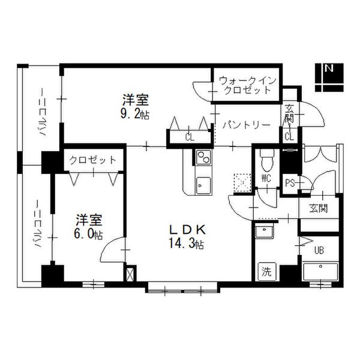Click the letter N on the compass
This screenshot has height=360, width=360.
(x=329, y=68)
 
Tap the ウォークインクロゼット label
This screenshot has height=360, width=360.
(x=247, y=85)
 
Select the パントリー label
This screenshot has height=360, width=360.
(x=246, y=125)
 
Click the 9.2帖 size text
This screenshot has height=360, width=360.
(x=135, y=115)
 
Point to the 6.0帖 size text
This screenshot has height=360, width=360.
(x=88, y=235)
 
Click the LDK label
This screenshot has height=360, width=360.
(x=187, y=229)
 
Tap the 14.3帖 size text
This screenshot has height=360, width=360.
(x=187, y=244)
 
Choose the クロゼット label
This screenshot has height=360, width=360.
(x=93, y=160)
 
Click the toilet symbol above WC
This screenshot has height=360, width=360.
(x=267, y=160)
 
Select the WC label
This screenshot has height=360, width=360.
(x=266, y=178)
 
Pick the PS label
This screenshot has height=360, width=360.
(x=290, y=183)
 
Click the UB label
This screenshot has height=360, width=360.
(x=319, y=250)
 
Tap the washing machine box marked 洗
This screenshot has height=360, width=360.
(x=267, y=272)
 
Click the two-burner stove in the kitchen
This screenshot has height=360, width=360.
(x=203, y=157)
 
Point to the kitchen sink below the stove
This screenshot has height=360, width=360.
(x=203, y=186)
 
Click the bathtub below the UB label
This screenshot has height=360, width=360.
(x=320, y=272)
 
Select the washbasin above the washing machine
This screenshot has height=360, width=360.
(x=265, y=231)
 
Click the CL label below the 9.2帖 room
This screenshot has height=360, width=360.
(x=190, y=138)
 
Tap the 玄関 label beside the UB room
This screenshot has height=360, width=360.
(x=318, y=208)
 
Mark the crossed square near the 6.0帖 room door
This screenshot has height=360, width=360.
(x=130, y=274)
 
